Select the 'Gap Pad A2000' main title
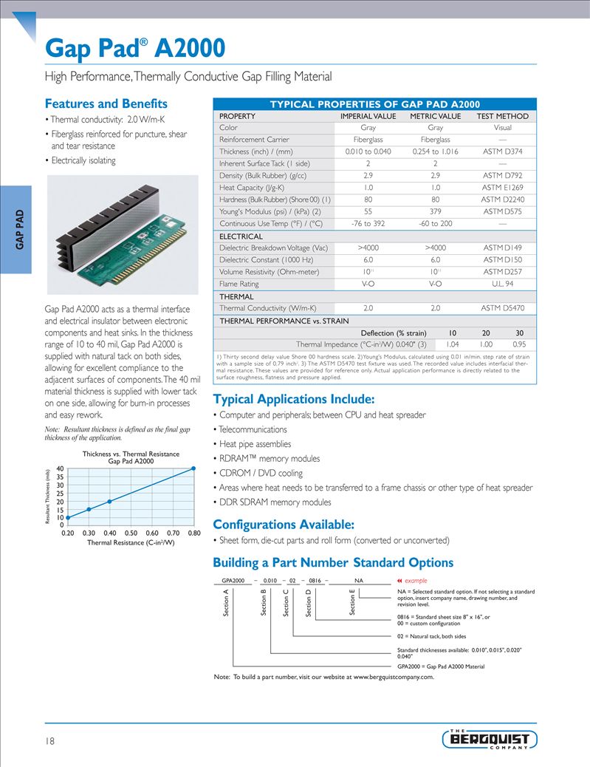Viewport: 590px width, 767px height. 135,49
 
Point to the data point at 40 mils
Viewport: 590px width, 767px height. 194,468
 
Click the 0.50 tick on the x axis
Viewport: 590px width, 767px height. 131,533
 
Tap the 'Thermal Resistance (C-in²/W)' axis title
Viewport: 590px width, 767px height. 131,542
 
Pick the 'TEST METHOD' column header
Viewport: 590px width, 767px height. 502,116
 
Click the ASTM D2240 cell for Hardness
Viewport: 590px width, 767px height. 502,200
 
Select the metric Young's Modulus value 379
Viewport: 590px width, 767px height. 435,211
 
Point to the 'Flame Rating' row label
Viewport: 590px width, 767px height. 239,284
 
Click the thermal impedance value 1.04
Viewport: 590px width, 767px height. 453,344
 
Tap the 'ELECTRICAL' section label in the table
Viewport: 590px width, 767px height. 241,236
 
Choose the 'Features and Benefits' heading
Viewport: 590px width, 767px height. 106,103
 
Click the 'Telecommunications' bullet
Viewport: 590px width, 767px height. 253,429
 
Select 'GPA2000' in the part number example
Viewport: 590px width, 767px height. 233,582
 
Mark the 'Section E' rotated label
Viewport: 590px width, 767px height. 352,601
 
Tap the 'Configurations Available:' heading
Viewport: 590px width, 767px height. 284,525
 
